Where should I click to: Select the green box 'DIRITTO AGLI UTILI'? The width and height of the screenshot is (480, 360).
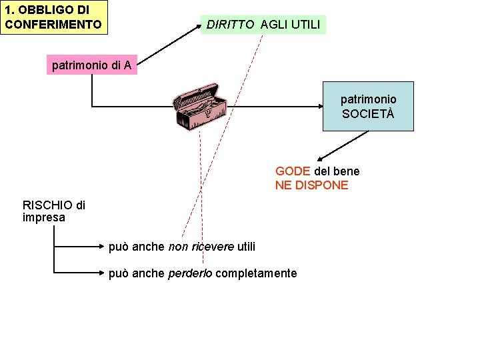click(263, 25)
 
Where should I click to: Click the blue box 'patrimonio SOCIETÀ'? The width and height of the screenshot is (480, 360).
click(368, 106)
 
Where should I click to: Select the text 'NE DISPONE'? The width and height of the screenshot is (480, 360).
click(311, 185)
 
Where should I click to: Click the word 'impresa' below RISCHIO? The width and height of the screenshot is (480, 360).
click(43, 217)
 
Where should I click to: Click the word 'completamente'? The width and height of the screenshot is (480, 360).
click(257, 273)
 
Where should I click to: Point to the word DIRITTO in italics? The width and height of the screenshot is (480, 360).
click(230, 25)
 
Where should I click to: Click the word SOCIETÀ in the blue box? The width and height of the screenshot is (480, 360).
click(368, 113)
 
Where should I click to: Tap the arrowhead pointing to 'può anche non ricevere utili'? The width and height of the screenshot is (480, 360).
click(103, 247)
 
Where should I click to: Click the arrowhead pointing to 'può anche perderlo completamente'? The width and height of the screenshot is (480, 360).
click(103, 273)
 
